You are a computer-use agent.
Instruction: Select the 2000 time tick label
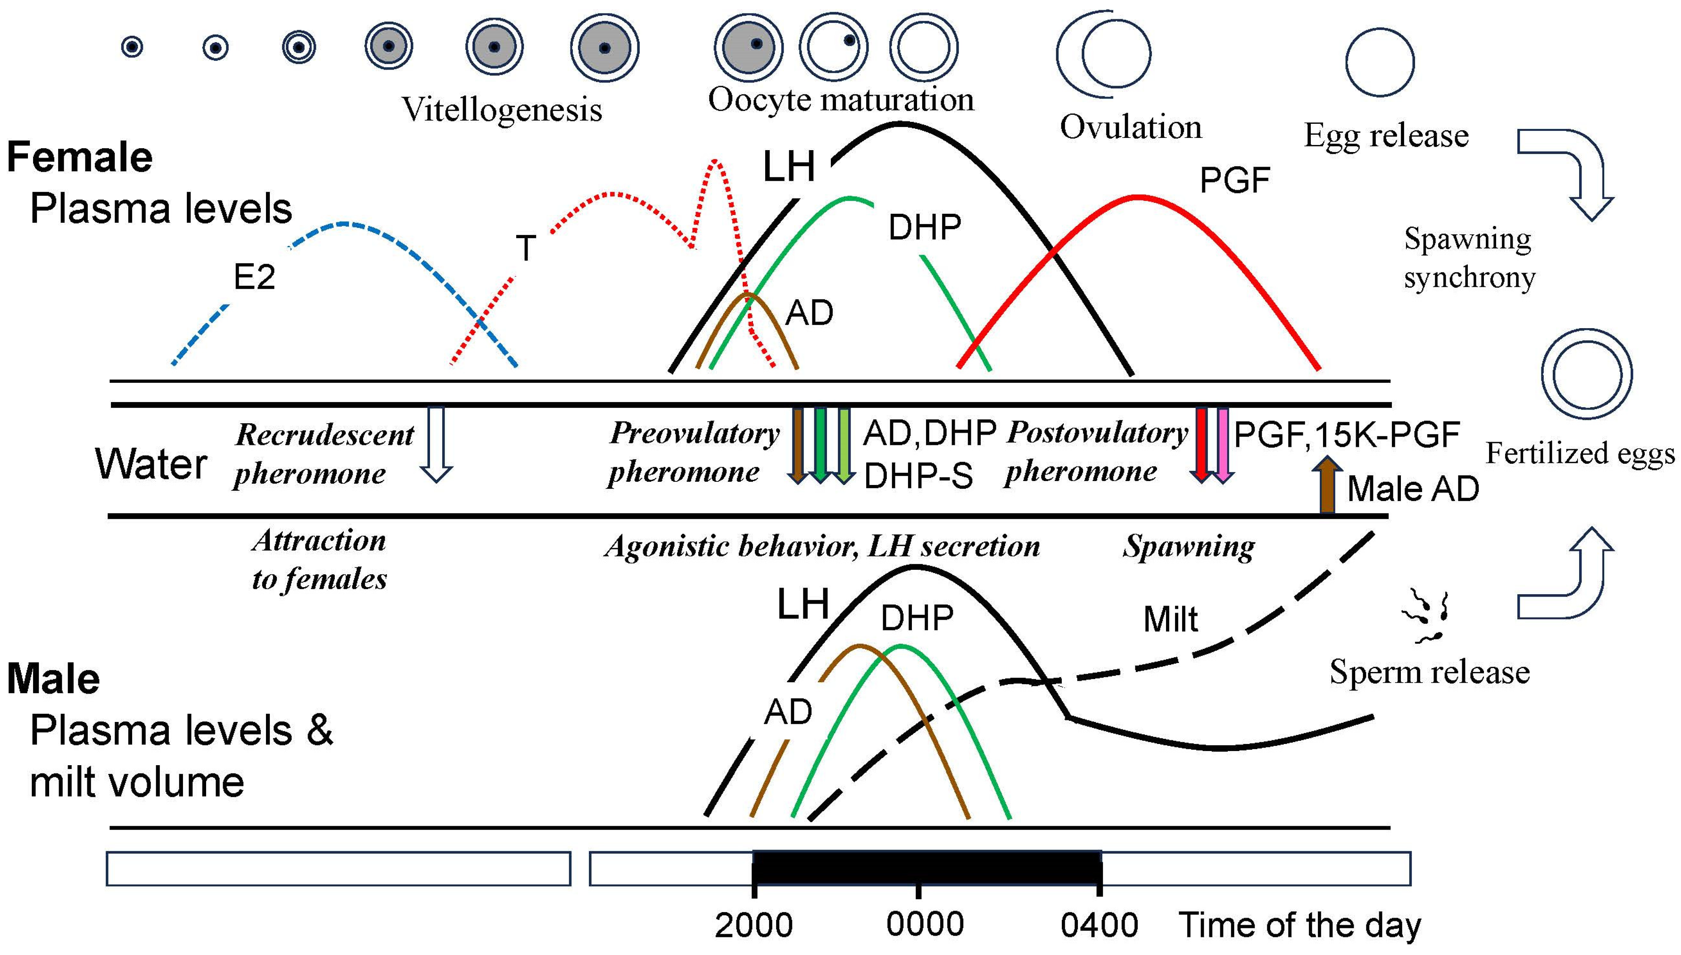[753, 925]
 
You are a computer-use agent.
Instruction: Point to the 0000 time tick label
[925, 924]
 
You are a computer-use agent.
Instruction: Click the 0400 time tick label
[1099, 925]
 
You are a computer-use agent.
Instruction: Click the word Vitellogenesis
[502, 110]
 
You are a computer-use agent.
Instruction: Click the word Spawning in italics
[1188, 546]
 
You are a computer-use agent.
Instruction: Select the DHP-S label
[918, 477]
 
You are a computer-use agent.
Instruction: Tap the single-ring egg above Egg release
[1380, 62]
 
